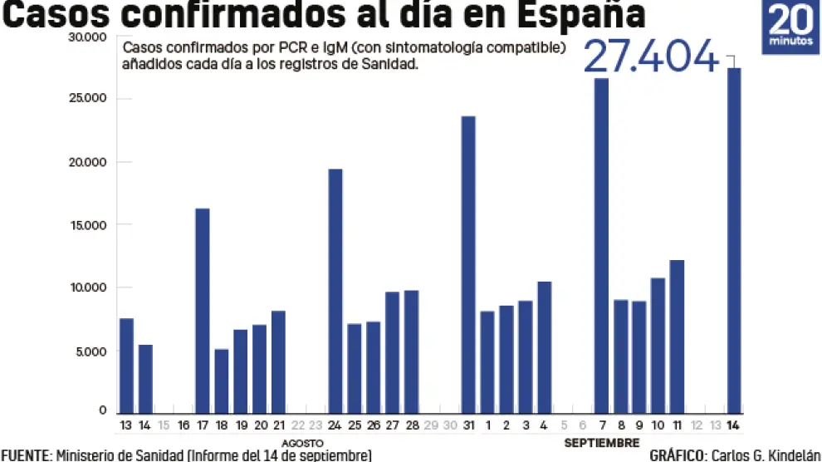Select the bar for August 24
(335, 291)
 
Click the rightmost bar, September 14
(734, 240)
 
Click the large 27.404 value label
(650, 57)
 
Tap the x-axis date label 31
(468, 425)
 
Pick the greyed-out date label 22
(297, 425)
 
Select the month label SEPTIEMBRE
(602, 442)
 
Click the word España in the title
(587, 17)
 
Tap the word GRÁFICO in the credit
(677, 455)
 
